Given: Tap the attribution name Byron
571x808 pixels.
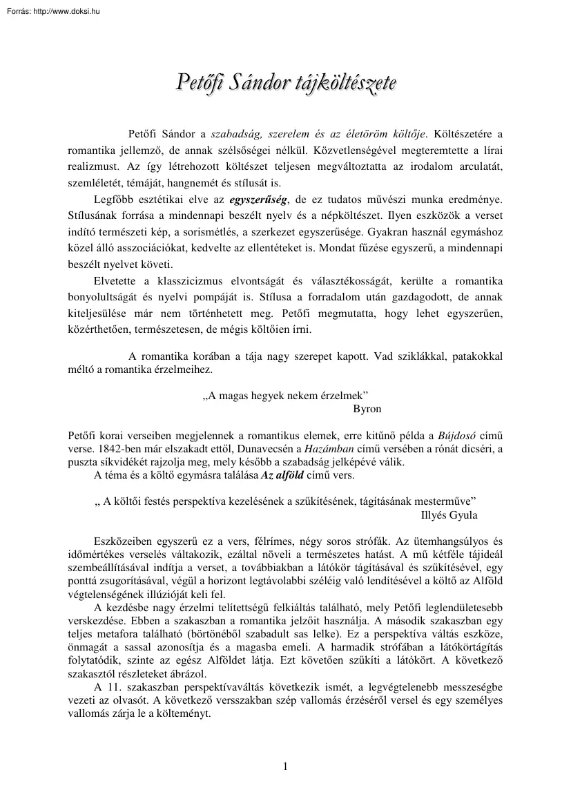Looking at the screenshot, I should tap(367, 409).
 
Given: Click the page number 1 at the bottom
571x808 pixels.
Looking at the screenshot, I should tap(285, 765).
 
